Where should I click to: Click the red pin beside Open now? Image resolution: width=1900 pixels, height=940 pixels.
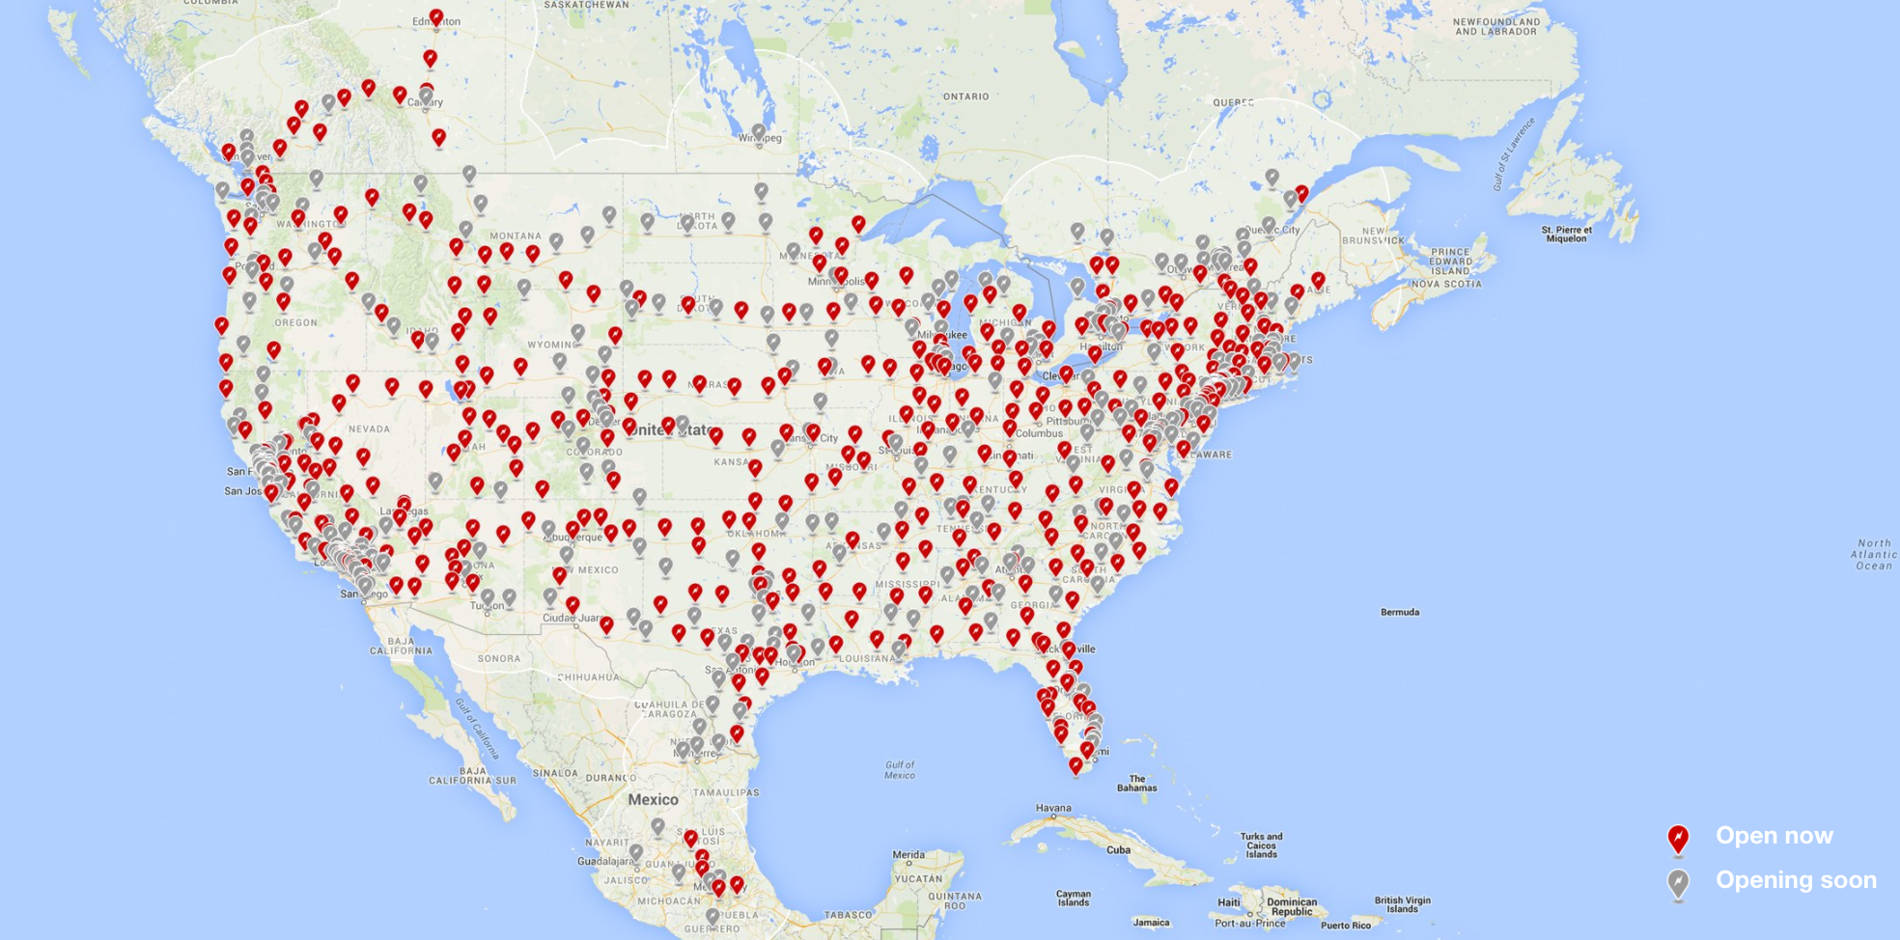coord(1678,839)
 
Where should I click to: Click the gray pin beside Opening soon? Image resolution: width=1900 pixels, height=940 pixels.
coord(1678,883)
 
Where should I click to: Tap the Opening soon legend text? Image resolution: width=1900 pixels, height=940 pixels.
coord(1795,880)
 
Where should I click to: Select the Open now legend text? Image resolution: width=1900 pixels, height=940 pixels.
coord(1774,836)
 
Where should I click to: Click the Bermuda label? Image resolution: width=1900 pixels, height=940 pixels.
coord(1400,612)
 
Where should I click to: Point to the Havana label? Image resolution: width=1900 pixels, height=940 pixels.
coord(1053,808)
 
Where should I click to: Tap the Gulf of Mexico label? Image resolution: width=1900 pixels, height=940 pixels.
coord(899,769)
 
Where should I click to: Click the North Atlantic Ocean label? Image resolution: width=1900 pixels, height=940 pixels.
coord(1874,555)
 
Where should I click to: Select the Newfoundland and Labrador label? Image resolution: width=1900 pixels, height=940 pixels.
coord(1495,26)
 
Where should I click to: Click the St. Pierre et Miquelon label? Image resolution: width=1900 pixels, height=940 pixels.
coord(1565,234)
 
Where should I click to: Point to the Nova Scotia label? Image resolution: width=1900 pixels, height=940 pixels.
coord(1445,284)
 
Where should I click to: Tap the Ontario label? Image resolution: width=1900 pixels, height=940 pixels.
coord(965,97)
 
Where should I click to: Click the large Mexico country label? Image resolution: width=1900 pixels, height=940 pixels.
coord(653,799)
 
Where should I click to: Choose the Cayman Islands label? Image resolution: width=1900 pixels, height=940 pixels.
coord(1073,898)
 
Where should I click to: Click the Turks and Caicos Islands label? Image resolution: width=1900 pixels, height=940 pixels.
coord(1261,845)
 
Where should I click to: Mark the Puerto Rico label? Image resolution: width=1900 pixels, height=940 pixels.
coord(1346,926)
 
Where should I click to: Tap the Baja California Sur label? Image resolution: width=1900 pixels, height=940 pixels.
coord(472,775)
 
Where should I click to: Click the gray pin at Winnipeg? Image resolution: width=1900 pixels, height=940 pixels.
coord(759,131)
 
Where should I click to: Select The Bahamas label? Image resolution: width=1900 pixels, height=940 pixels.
coord(1136,783)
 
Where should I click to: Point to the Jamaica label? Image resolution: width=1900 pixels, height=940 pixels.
coord(1151,923)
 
